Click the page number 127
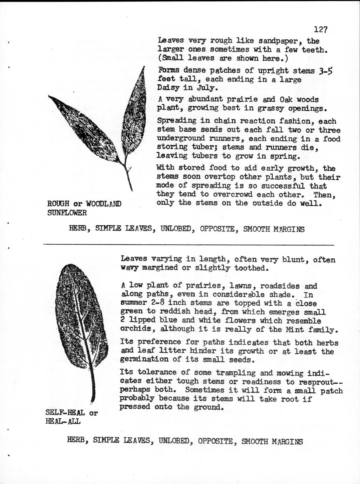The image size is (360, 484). pos(320,29)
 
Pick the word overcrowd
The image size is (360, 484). pos(233,194)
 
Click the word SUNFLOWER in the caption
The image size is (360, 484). pos(67,213)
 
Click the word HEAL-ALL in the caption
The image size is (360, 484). pos(63,422)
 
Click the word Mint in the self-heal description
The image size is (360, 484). pos(295,330)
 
